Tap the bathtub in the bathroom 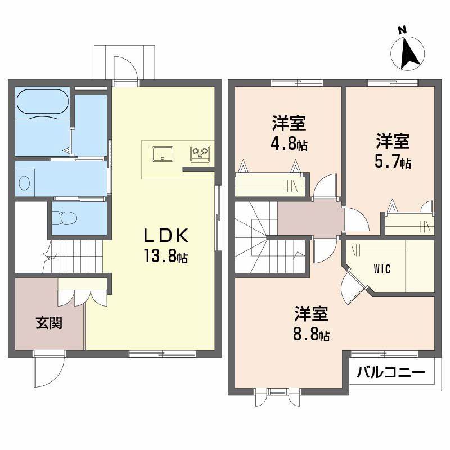[43, 102]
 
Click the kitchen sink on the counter [162, 152]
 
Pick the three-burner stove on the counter [201, 152]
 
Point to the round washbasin [24, 183]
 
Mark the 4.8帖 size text [289, 143]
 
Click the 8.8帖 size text [310, 335]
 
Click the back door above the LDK [125, 70]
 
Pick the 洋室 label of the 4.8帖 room [289, 123]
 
